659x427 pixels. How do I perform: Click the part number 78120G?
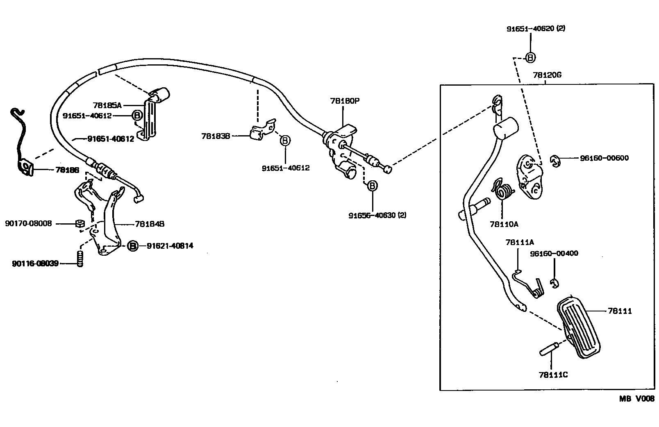(547, 76)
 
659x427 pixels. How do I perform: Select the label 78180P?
(345, 101)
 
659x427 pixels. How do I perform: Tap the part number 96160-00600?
(604, 158)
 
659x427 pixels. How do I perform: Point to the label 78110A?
(504, 224)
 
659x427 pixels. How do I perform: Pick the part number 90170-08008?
(29, 224)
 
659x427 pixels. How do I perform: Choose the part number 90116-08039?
(35, 263)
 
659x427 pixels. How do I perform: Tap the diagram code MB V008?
(636, 398)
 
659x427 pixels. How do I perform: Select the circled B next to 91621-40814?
(132, 246)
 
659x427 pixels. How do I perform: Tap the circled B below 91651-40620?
(530, 58)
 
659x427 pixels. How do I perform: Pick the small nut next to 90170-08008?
(80, 224)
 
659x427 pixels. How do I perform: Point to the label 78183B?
(216, 136)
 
